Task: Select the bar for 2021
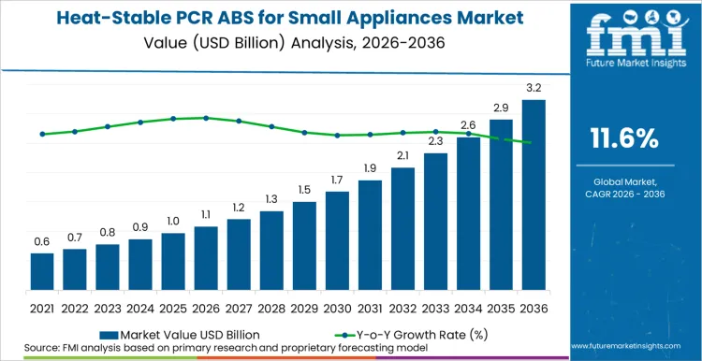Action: (42, 271)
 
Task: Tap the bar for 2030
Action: (337, 240)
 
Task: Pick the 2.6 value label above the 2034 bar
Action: (468, 124)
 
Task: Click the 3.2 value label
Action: (534, 87)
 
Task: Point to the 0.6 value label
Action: (42, 241)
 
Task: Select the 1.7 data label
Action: (337, 180)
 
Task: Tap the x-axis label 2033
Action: (435, 307)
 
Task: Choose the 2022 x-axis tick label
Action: (75, 307)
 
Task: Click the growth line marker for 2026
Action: (206, 118)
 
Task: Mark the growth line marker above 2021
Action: (42, 134)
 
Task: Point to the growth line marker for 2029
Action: (304, 133)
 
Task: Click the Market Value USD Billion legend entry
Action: (179, 333)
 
